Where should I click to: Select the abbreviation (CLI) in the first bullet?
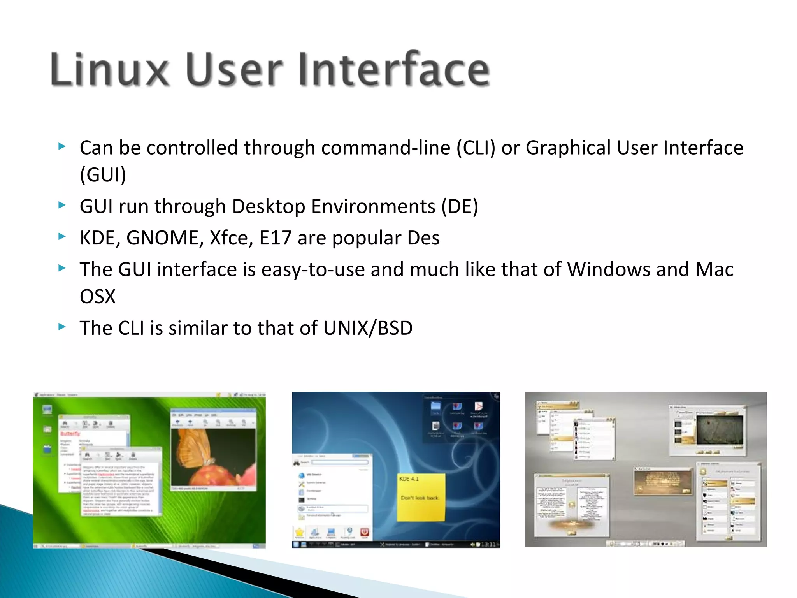pos(476,148)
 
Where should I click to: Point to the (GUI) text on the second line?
pos(103,174)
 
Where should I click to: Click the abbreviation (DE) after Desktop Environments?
pos(459,206)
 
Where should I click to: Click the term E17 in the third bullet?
pos(275,238)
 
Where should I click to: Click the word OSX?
pos(98,297)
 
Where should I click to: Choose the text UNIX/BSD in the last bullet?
pos(368,328)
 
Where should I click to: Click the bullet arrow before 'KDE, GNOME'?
pos(62,236)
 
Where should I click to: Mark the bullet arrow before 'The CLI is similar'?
pos(62,327)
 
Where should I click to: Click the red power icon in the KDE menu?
pos(364,532)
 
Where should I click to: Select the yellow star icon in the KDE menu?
pos(299,532)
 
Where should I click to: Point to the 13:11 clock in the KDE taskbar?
pos(488,544)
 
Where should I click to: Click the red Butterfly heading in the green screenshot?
pos(70,434)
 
